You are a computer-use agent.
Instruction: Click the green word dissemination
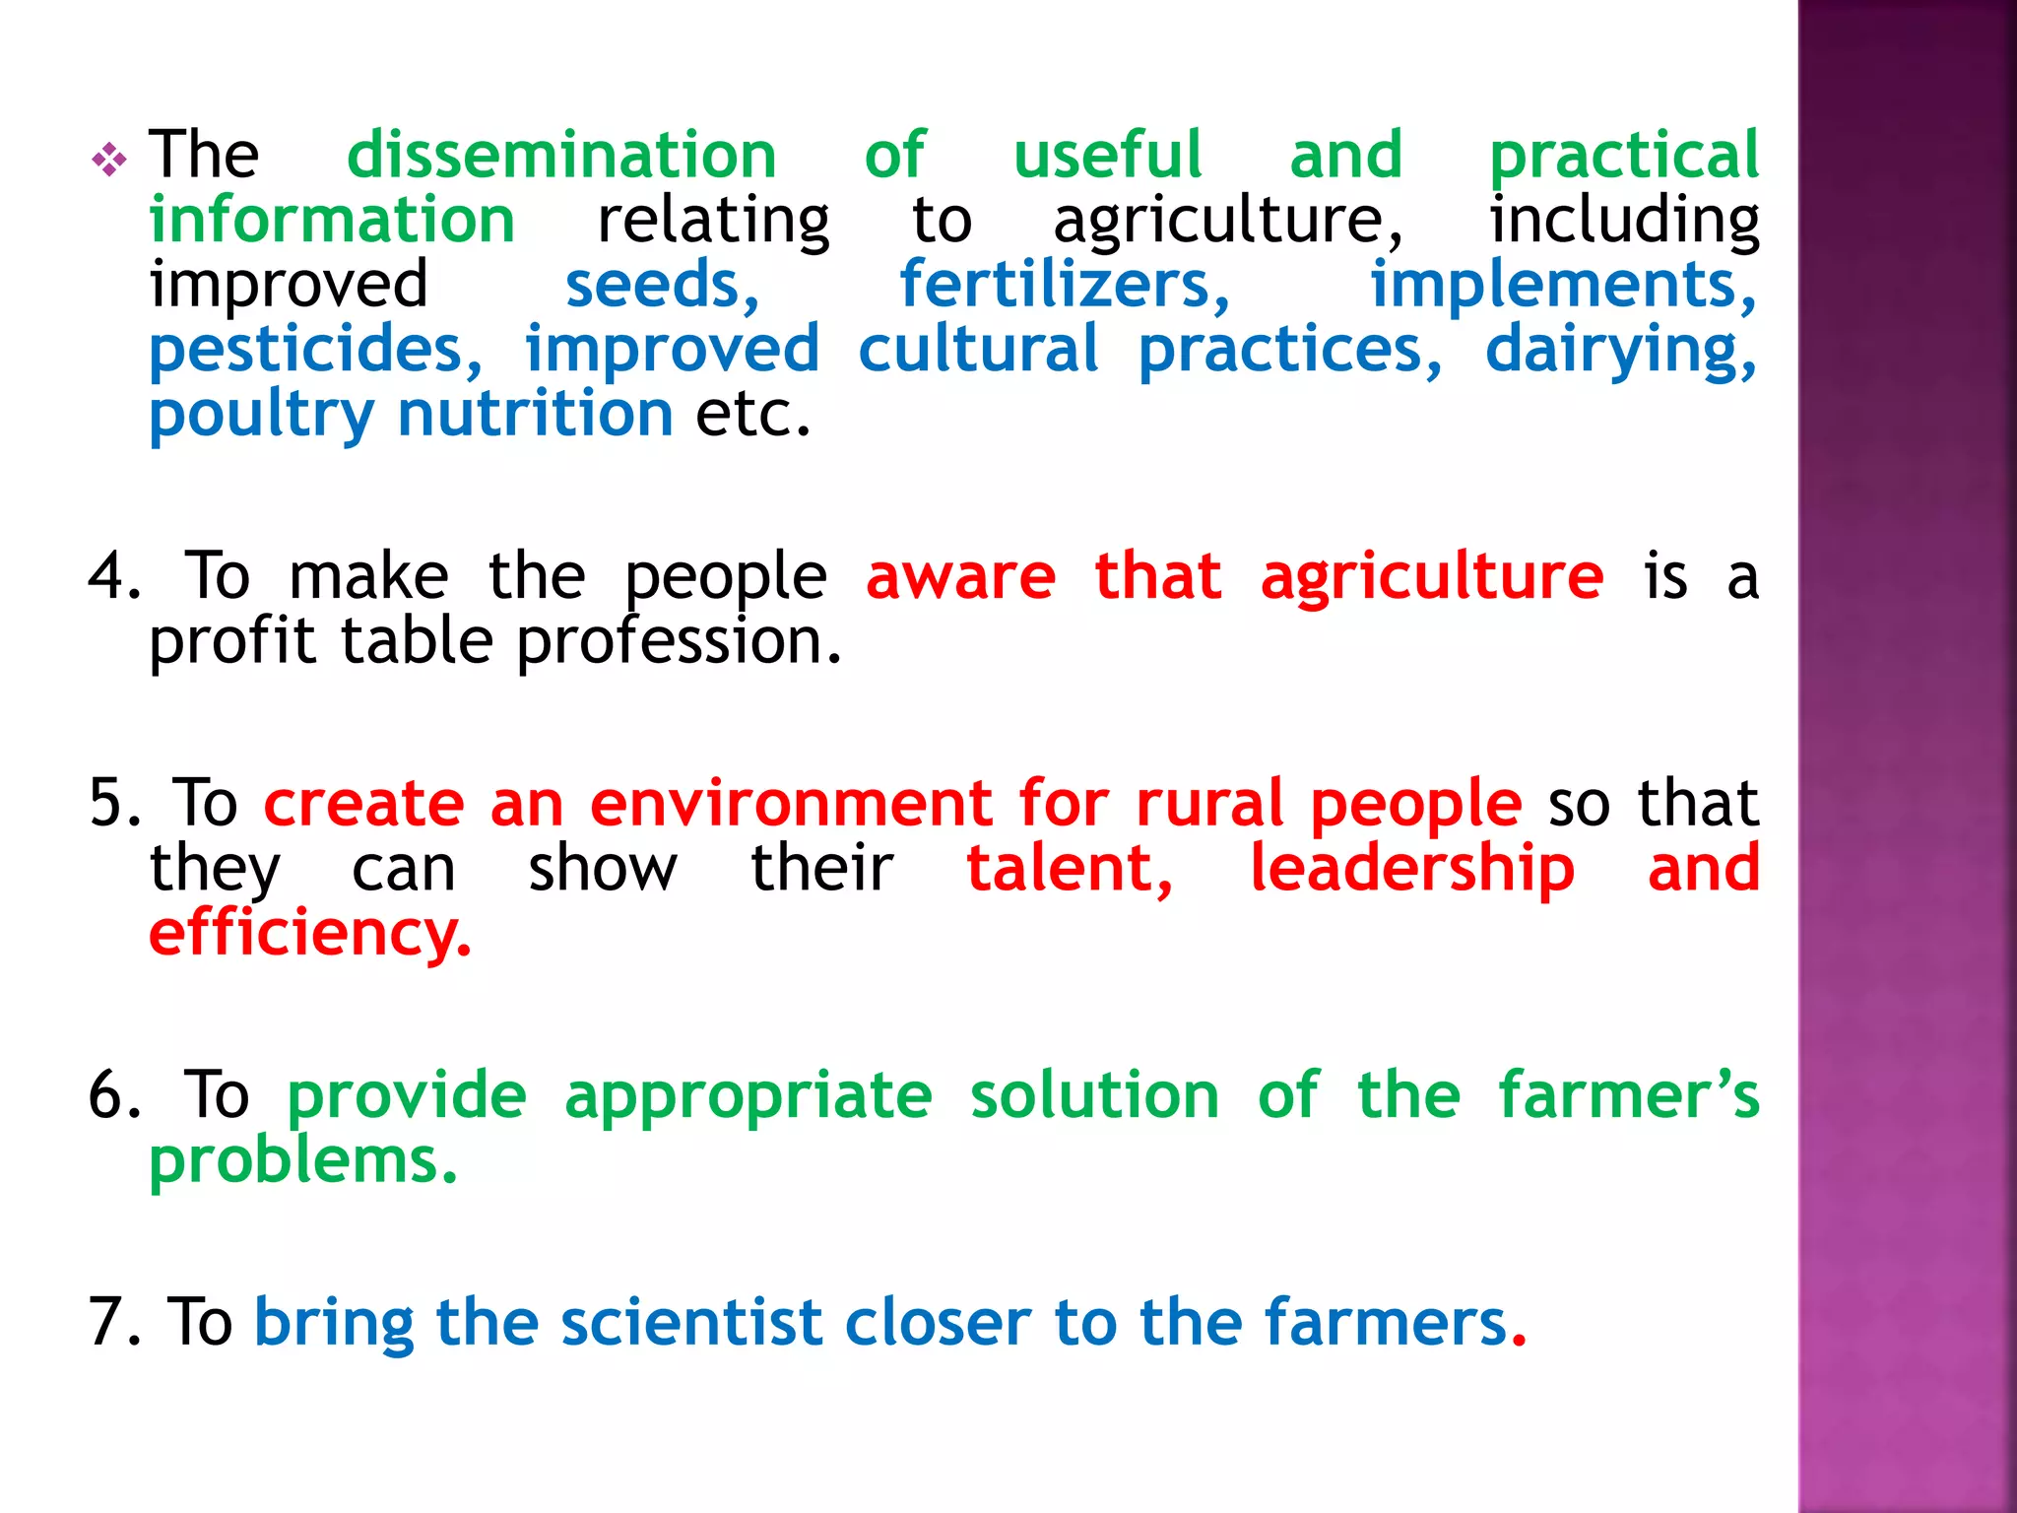(561, 156)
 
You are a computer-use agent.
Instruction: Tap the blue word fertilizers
(1064, 285)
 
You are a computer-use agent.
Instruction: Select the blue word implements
(1562, 285)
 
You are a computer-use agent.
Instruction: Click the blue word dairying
(1620, 350)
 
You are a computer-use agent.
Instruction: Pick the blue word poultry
(262, 415)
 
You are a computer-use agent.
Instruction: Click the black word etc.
(752, 415)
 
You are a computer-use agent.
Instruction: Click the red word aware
(960, 576)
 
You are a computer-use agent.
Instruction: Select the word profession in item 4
(679, 642)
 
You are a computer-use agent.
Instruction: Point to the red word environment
(791, 803)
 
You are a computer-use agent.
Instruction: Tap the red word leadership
(1412, 869)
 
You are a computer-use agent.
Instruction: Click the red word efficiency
(309, 934)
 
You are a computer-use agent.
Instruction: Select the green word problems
(302, 1160)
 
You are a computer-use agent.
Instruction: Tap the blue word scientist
(690, 1322)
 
